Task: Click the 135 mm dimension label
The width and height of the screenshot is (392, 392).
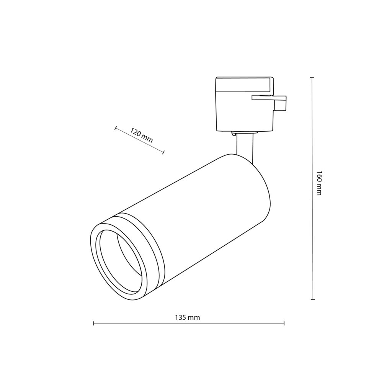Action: (x=188, y=317)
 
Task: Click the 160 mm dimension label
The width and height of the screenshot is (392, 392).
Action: (x=319, y=183)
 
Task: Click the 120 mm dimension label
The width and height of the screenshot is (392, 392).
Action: (x=142, y=135)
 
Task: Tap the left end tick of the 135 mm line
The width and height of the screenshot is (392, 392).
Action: (x=94, y=323)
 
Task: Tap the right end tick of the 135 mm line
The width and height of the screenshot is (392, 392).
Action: (x=284, y=323)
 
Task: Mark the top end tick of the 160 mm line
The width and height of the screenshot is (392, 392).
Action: (x=312, y=77)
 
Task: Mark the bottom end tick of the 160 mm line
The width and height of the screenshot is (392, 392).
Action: (x=312, y=299)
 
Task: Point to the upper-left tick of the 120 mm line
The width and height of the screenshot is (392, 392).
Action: (x=115, y=127)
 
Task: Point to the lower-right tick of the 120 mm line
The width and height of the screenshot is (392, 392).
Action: (x=163, y=152)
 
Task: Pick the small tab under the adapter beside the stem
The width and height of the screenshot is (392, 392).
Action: (x=233, y=134)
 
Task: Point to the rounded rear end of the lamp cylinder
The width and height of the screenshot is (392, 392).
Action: (x=264, y=191)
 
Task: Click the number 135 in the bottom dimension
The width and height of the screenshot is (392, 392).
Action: (x=181, y=317)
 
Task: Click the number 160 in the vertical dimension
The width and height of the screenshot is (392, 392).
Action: (x=319, y=176)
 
